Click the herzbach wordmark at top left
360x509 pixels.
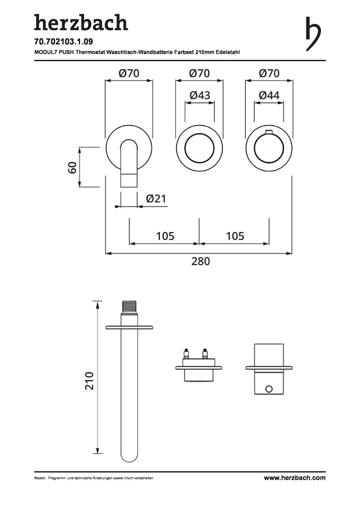click(x=81, y=22)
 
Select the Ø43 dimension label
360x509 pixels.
click(x=200, y=95)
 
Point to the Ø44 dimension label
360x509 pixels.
click(x=269, y=95)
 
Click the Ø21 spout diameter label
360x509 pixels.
click(x=155, y=199)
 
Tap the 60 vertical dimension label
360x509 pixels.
click(x=72, y=167)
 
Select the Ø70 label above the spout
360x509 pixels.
click(x=129, y=73)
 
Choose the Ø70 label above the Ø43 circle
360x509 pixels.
click(x=199, y=73)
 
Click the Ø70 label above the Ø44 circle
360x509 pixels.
click(x=269, y=73)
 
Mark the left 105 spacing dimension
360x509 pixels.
click(x=165, y=236)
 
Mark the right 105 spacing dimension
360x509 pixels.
click(x=235, y=236)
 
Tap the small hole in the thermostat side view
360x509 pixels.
click(x=269, y=389)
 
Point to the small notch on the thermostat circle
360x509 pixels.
click(x=269, y=131)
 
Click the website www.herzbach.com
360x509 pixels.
click(x=295, y=478)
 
